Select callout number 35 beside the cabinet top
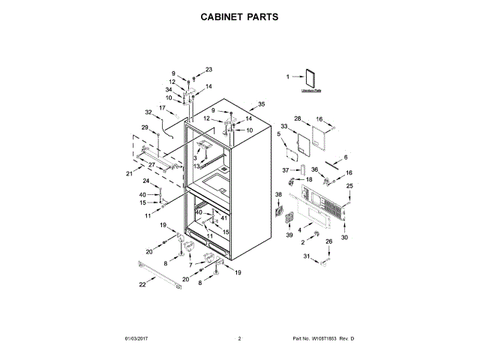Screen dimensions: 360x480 [x=261, y=103]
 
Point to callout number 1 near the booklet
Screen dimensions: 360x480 [x=287, y=76]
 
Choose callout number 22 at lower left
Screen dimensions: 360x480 [x=142, y=285]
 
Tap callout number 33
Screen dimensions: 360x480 [x=284, y=126]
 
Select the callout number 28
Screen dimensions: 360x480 [x=297, y=118]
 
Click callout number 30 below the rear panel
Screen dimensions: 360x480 [x=344, y=238]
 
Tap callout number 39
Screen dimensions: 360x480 [x=288, y=236]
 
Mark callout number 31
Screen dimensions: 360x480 [x=305, y=257]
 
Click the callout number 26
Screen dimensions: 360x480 [x=328, y=241]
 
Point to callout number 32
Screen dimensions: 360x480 [x=148, y=112]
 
